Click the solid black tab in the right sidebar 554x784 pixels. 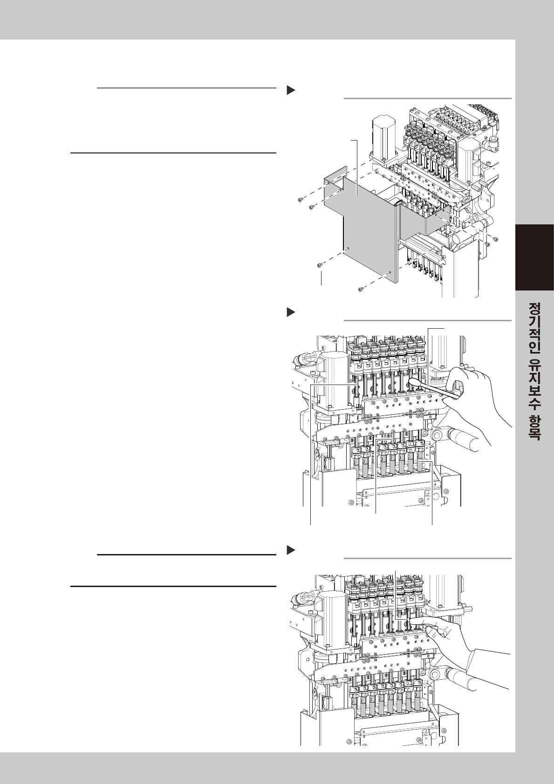534,258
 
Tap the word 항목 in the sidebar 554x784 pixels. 534,429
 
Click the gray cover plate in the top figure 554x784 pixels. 368,223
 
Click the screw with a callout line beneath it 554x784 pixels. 320,265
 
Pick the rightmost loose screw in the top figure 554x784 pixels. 496,238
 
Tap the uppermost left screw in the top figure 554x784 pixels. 300,200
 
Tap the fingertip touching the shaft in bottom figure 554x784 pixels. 414,621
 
